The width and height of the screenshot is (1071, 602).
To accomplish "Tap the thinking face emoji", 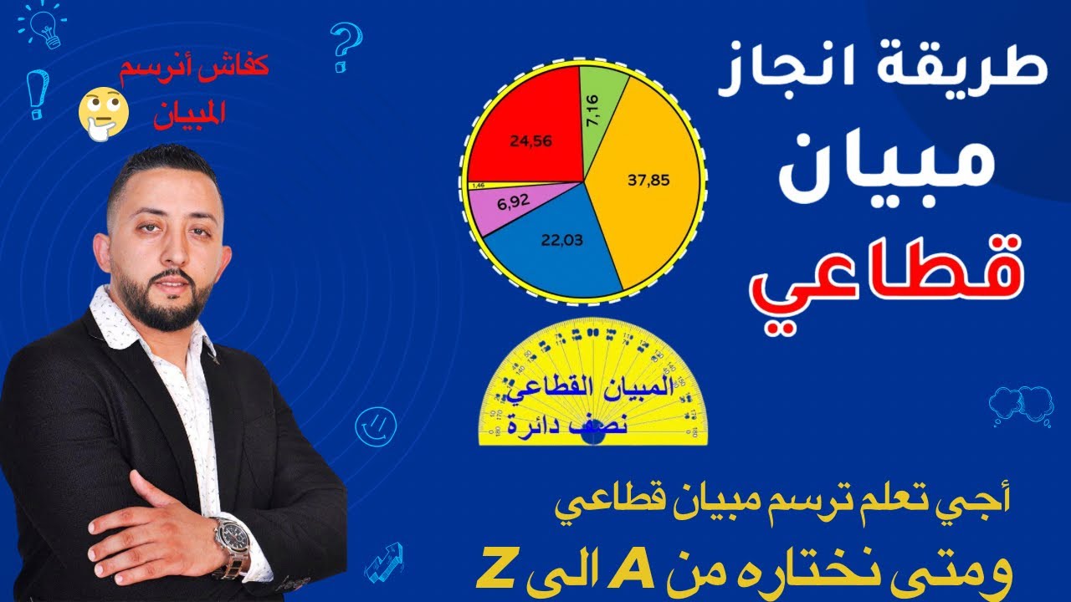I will pyautogui.click(x=103, y=115).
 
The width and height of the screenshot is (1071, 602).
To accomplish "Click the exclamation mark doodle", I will pyautogui.click(x=36, y=94).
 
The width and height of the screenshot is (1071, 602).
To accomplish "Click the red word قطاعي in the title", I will pyautogui.click(x=904, y=284).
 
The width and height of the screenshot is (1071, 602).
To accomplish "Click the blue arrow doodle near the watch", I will pyautogui.click(x=384, y=560).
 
